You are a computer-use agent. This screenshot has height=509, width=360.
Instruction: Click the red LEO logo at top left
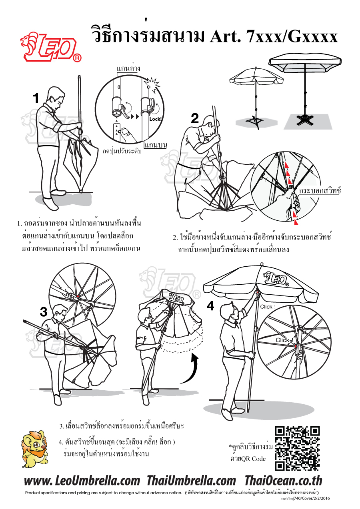tap(51, 47)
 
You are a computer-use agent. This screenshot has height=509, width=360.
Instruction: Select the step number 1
tap(36, 98)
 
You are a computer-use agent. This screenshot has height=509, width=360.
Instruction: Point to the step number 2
tap(195, 118)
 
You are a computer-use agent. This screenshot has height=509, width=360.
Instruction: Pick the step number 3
tap(44, 312)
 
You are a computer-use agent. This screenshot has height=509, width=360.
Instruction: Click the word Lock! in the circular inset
tap(156, 119)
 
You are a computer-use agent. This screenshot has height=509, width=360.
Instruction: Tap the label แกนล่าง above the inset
tap(128, 68)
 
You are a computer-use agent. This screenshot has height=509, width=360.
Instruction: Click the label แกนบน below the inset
tap(156, 145)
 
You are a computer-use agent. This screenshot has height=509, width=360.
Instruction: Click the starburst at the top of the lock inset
tap(151, 84)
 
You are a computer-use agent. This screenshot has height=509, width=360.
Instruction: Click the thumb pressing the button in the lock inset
tap(127, 134)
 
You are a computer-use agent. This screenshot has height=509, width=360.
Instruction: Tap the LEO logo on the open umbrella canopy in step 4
tap(276, 279)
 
